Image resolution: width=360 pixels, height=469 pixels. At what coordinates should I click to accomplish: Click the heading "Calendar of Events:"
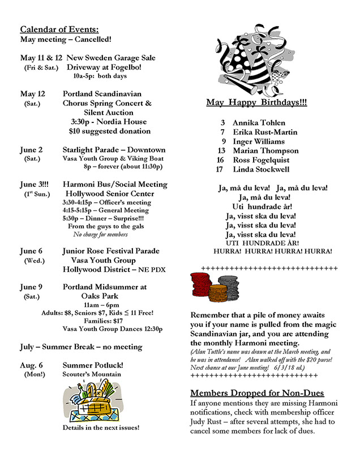pyautogui.click(x=59, y=29)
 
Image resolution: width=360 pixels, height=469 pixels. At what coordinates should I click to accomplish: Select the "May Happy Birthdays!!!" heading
pyautogui.click(x=257, y=103)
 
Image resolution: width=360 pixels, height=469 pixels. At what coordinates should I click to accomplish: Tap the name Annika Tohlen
pyautogui.click(x=259, y=122)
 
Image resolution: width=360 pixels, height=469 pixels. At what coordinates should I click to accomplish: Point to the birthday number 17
pyautogui.click(x=220, y=169)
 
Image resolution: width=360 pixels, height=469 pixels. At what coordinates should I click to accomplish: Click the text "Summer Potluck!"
pyautogui.click(x=93, y=365)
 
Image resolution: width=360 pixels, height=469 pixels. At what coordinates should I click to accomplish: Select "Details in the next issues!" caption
pyautogui.click(x=101, y=428)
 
